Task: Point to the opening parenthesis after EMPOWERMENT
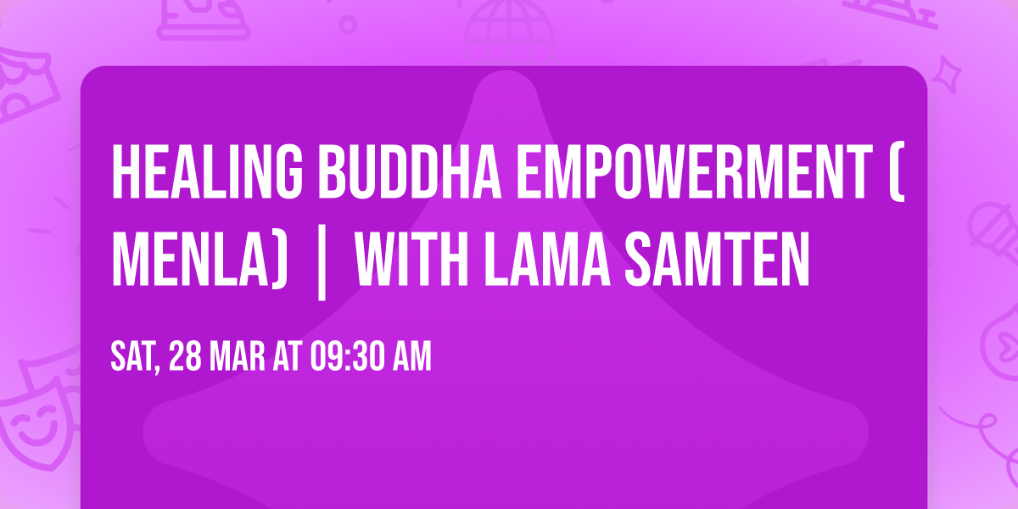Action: click(x=898, y=172)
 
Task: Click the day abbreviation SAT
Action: click(x=131, y=357)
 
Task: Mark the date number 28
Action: click(x=186, y=357)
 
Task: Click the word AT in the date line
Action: click(x=289, y=357)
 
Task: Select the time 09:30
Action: click(x=348, y=357)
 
